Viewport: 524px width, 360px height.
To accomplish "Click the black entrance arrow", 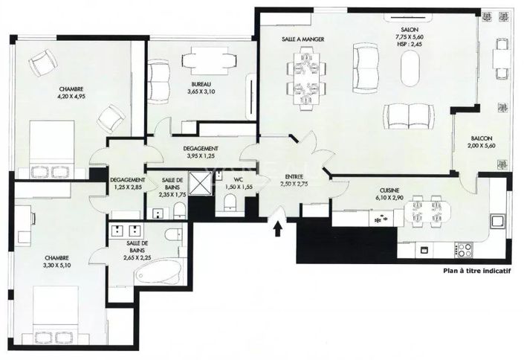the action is (277, 230).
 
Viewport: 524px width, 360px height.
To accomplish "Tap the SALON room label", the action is (410, 30).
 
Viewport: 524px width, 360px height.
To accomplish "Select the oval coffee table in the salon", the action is (410, 68).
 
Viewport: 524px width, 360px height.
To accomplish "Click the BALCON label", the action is (481, 138).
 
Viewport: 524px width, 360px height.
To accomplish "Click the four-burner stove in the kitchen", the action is (463, 250).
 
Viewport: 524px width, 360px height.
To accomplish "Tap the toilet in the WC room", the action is (230, 202).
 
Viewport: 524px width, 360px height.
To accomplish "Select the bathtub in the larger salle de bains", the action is (159, 272).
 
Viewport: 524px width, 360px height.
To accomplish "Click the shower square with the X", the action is (200, 183).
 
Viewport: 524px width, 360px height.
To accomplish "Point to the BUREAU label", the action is (201, 84).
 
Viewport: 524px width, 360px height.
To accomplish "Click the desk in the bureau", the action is (210, 60).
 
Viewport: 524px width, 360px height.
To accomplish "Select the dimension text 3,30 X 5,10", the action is (56, 266).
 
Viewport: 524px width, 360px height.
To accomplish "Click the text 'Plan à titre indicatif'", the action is (477, 271).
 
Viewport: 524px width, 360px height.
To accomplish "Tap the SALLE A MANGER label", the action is (303, 39).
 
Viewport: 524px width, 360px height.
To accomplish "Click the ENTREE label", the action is (294, 177).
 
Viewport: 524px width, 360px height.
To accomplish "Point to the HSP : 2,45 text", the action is (410, 44).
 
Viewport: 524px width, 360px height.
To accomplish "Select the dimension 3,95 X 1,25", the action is (201, 155).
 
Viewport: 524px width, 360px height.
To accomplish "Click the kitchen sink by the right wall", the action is (497, 221).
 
